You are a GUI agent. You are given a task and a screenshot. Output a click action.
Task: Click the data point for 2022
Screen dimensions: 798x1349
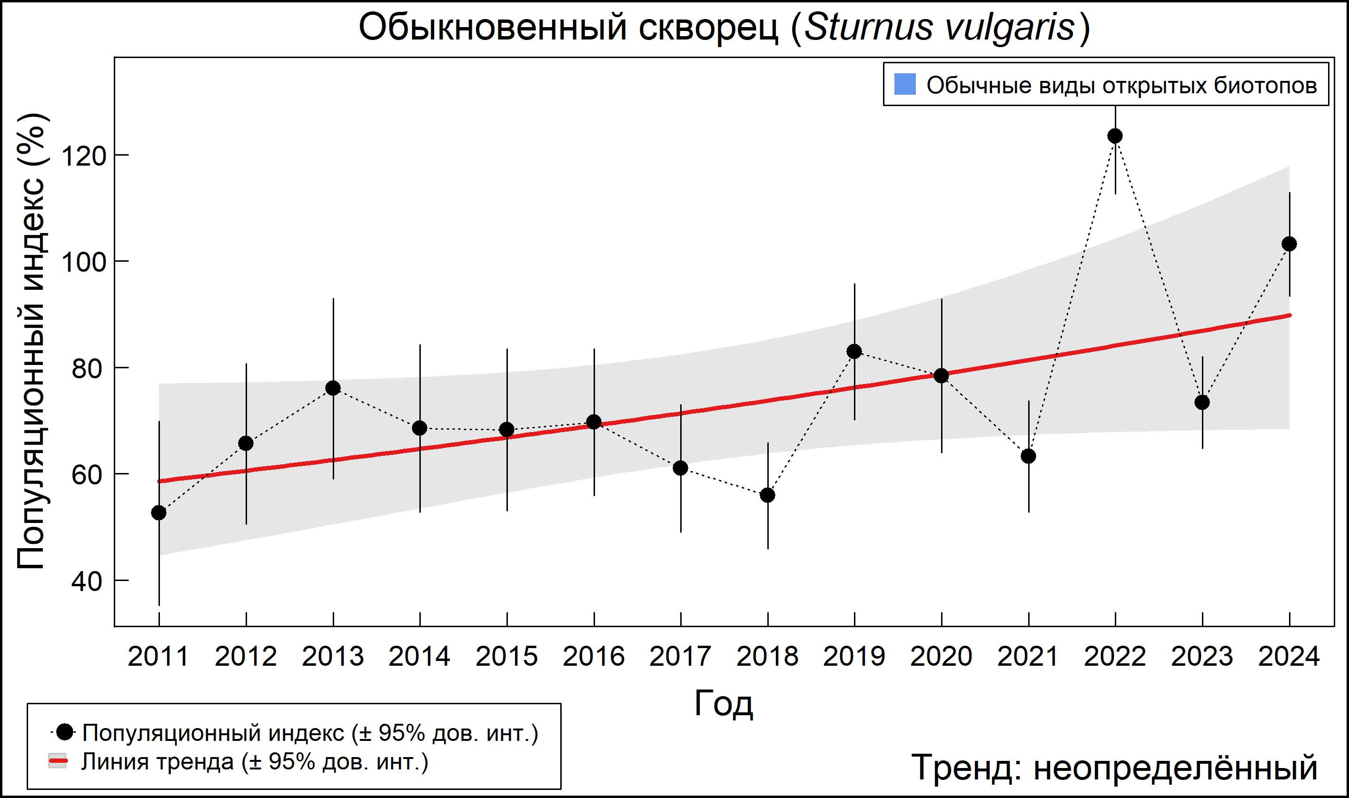pyautogui.click(x=1115, y=136)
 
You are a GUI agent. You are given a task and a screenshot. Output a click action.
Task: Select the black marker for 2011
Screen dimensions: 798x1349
pyautogui.click(x=159, y=513)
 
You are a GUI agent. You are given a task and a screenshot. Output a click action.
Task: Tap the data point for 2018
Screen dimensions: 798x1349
pyautogui.click(x=767, y=495)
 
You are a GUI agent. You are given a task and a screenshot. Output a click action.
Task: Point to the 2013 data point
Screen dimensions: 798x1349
pyautogui.click(x=333, y=388)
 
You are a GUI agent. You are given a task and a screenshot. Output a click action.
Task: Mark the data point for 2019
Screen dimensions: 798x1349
pyautogui.click(x=854, y=352)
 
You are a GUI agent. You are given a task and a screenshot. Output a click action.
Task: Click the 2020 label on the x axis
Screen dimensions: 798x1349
pyautogui.click(x=941, y=657)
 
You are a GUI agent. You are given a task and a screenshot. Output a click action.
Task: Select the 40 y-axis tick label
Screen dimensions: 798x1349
pyautogui.click(x=87, y=582)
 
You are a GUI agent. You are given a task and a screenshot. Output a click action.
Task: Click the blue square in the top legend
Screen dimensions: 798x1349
pyautogui.click(x=905, y=84)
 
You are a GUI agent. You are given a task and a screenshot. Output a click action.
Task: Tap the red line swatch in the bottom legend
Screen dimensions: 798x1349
pyautogui.click(x=58, y=761)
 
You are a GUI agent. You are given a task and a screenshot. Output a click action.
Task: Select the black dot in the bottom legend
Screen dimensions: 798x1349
pyautogui.click(x=65, y=732)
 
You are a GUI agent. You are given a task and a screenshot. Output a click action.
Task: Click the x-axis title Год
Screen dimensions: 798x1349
pyautogui.click(x=724, y=703)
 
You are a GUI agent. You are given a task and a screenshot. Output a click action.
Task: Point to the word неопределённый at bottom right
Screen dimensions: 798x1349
pyautogui.click(x=1176, y=768)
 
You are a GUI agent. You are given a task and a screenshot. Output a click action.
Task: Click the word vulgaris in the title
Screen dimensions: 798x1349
pyautogui.click(x=1010, y=27)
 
